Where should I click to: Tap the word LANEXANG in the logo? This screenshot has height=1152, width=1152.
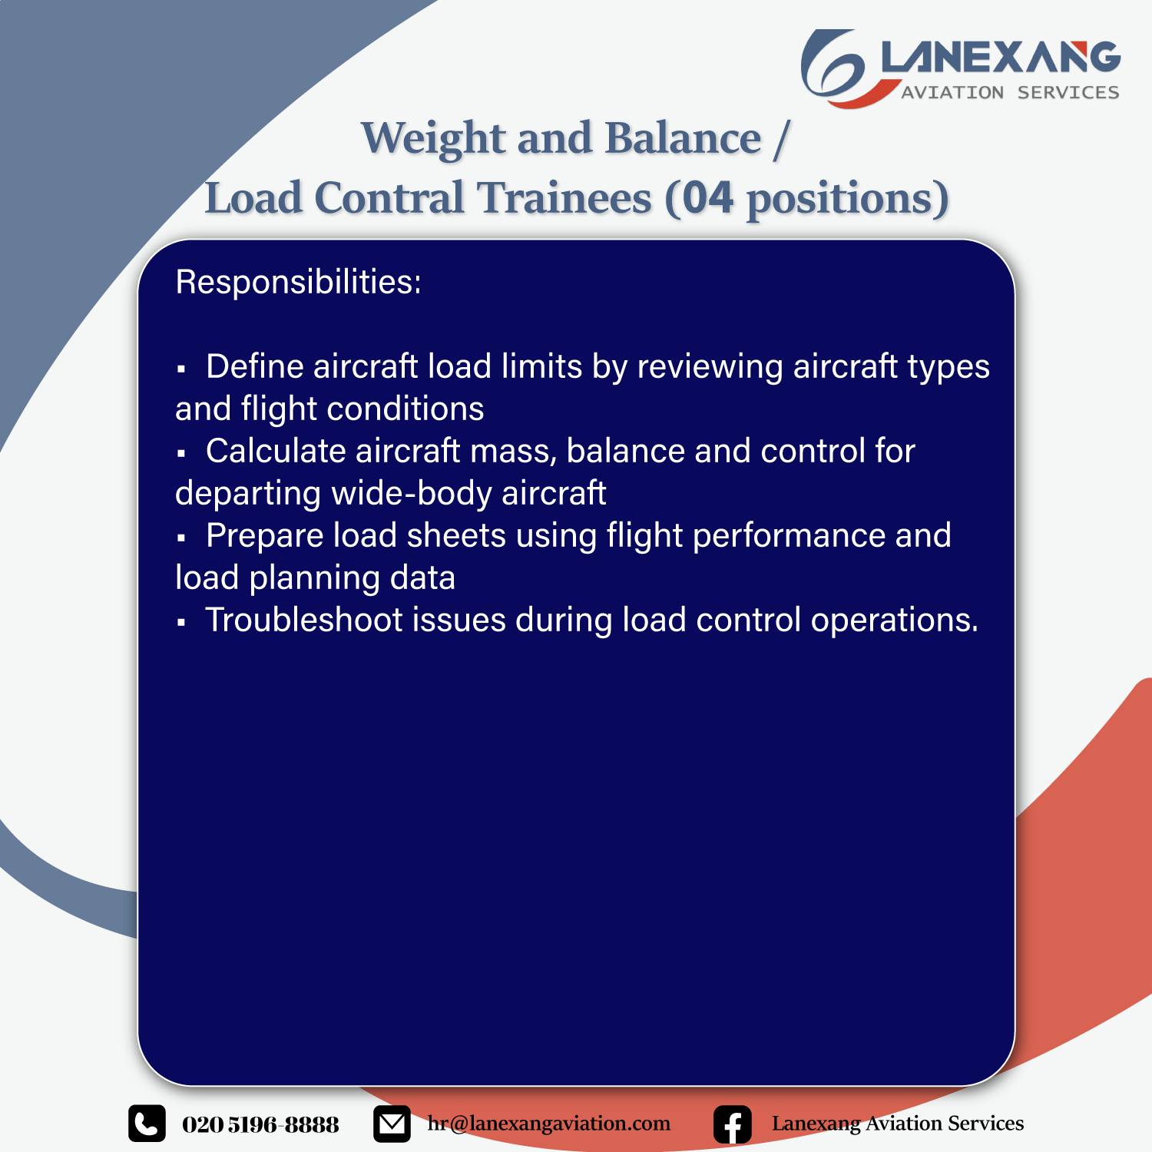click(1001, 58)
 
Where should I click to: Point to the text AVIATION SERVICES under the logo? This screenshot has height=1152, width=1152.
click(1010, 92)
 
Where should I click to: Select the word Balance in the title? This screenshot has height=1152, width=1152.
click(683, 139)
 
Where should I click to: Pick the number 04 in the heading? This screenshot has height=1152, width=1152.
click(707, 198)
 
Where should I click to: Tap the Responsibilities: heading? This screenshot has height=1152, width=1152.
click(299, 283)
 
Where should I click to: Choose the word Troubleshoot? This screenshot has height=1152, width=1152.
click(304, 620)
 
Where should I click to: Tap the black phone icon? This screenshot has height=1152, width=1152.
click(147, 1124)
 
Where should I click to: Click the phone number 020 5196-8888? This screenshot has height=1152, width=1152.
click(260, 1124)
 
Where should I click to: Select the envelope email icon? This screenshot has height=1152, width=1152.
click(392, 1124)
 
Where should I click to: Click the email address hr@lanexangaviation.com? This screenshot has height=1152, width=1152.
click(549, 1124)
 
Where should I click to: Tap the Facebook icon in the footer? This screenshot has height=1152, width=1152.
click(733, 1124)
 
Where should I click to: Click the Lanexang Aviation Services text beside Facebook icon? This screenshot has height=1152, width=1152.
click(898, 1124)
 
